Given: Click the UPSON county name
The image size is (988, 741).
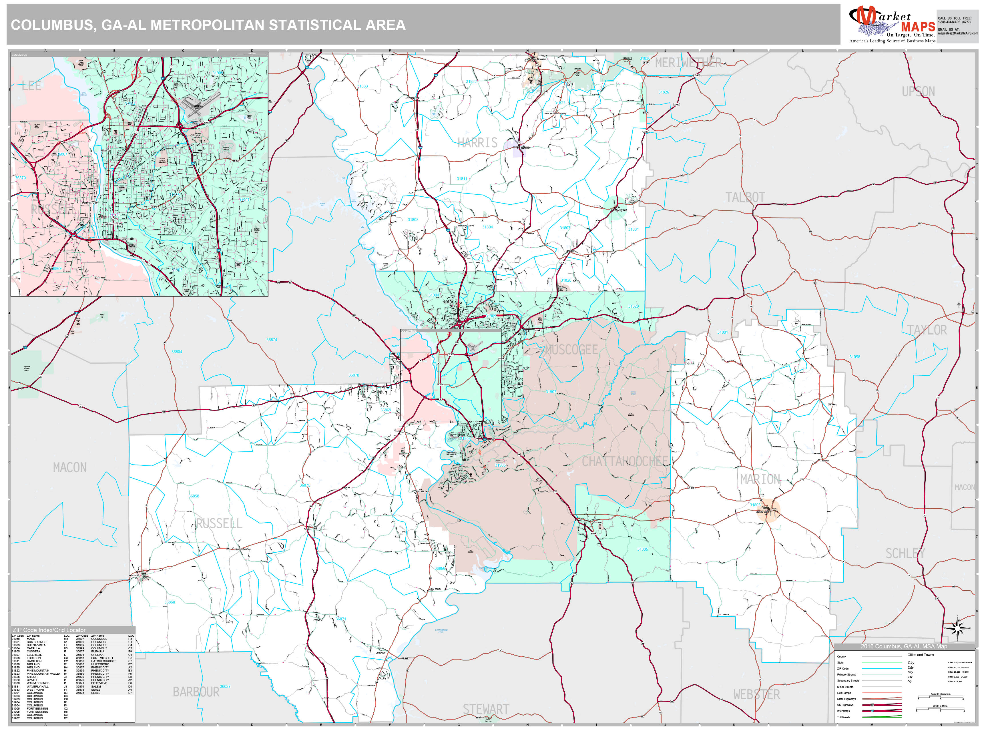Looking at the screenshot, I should click(x=918, y=91).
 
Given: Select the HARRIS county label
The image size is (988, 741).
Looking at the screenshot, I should click(x=477, y=143).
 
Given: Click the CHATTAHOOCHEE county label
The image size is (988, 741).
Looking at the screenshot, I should click(x=625, y=461).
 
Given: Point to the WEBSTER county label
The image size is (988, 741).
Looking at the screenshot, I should click(x=757, y=695).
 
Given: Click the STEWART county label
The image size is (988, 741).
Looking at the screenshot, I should click(x=485, y=709).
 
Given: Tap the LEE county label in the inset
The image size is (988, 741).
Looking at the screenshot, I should click(x=31, y=86).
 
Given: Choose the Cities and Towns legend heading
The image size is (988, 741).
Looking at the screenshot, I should click(x=921, y=655).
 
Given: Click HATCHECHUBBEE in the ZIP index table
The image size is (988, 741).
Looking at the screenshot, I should click(x=103, y=661).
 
